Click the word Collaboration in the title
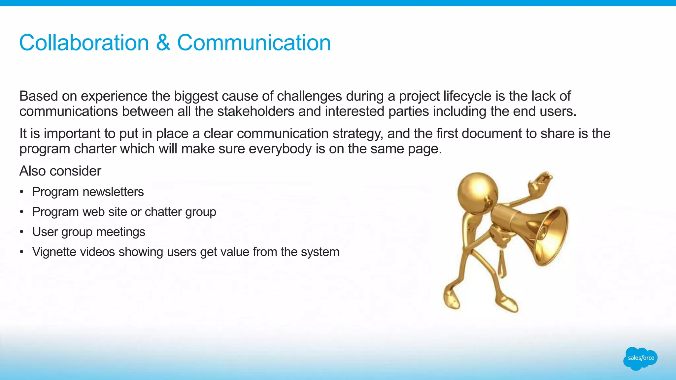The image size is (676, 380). coord(84,43)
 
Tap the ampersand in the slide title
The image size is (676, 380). coord(163,43)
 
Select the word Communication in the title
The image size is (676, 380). coord(254,43)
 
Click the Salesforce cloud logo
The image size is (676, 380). coord(640,358)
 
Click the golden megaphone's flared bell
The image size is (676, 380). coord(551,236)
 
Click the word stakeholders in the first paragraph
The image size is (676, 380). coord(256,111)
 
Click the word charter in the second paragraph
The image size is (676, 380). coord(95,149)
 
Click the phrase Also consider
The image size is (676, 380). coord(60,171)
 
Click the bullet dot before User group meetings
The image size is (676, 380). coord(21,232)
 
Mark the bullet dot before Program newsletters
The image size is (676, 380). coord(21,192)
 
